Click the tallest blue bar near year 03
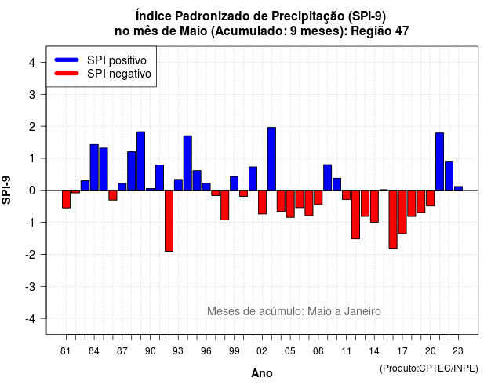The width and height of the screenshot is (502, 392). pyautogui.click(x=271, y=158)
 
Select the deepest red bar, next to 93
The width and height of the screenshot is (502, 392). pyautogui.click(x=169, y=221)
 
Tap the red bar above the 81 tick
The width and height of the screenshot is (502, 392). pyautogui.click(x=66, y=199)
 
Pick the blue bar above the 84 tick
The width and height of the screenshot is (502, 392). pyautogui.click(x=94, y=167)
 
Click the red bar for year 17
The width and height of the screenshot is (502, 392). pyautogui.click(x=402, y=212)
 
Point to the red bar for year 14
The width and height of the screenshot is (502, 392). pyautogui.click(x=374, y=206)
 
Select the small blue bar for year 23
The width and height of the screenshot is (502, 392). pyautogui.click(x=458, y=188)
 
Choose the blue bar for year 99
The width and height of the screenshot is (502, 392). pyautogui.click(x=234, y=183)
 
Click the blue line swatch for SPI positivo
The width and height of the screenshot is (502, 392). pyautogui.click(x=67, y=60)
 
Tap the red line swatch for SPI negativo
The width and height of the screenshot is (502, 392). pyautogui.click(x=67, y=74)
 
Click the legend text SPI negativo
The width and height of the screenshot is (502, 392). pyautogui.click(x=119, y=74)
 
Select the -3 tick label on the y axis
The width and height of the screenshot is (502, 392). pyautogui.click(x=30, y=286)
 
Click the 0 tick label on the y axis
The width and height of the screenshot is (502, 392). pyautogui.click(x=32, y=191)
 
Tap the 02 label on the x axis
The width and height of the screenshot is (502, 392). pyautogui.click(x=262, y=351)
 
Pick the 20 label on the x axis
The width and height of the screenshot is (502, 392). pyautogui.click(x=431, y=351)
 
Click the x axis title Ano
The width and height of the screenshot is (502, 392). pyautogui.click(x=262, y=373)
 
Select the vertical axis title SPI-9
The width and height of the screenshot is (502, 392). pyautogui.click(x=6, y=191)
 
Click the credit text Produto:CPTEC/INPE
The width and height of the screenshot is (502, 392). pyautogui.click(x=429, y=368)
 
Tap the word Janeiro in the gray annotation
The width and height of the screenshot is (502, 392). pyautogui.click(x=362, y=311)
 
